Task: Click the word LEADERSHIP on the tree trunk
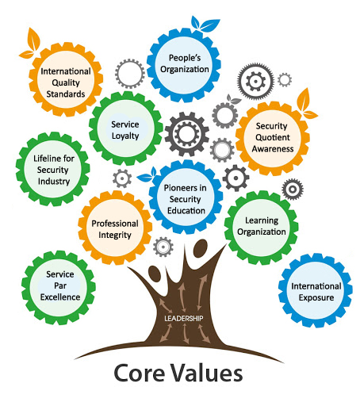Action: pos(184,319)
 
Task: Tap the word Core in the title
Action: pos(140,373)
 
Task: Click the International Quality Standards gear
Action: pos(66,79)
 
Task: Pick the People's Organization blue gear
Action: pos(184,65)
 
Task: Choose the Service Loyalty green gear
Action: pos(126,128)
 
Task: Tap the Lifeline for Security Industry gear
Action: pos(53,169)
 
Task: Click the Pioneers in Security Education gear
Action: pos(186,197)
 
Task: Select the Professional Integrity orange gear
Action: pos(115,228)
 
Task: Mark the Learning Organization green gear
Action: pos(262,228)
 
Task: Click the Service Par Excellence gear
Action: pos(59,288)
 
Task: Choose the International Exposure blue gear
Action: pos(316,290)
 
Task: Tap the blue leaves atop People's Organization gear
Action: pos(205,24)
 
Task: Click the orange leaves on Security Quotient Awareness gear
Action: pos(305,105)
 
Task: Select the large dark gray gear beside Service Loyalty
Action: pos(187,134)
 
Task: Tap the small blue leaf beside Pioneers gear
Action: pos(147,175)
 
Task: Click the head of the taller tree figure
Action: pos(200,248)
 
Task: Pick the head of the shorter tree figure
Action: pos(155,274)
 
